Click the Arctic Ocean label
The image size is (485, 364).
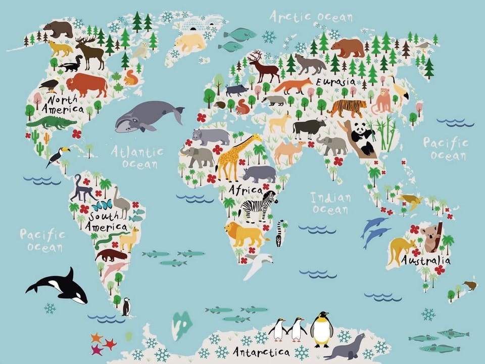(310, 17)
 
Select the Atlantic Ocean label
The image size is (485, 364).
(137, 157)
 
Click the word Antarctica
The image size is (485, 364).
(261, 351)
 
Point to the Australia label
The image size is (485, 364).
(425, 261)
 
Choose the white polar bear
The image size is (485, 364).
(191, 42)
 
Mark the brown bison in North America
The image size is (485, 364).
(86, 84)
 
